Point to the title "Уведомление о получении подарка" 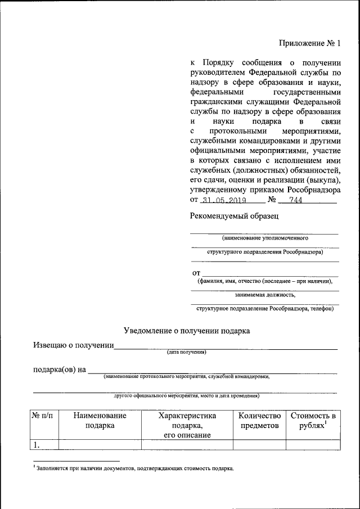[187, 331]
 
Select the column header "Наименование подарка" [100, 421]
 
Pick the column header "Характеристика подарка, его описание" [187, 426]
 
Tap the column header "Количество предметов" [259, 421]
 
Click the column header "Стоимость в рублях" [313, 421]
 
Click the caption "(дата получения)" [187, 353]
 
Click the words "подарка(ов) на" [59, 370]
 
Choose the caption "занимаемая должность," [265, 294]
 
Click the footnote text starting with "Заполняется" [135, 468]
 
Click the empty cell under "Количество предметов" [259, 445]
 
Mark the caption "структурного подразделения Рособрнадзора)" [265, 252]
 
